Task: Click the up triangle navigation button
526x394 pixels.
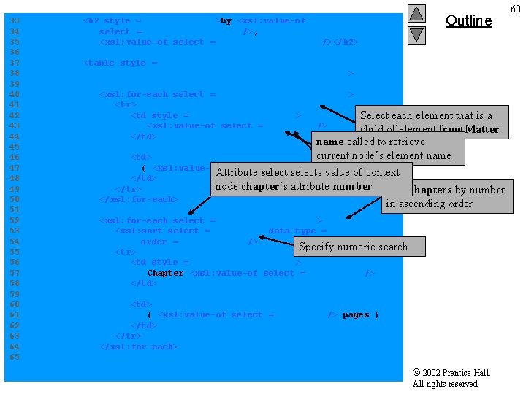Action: click(x=416, y=13)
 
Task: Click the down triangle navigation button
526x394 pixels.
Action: click(x=416, y=34)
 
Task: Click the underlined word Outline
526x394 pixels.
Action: click(x=468, y=20)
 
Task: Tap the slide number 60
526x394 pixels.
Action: click(x=515, y=8)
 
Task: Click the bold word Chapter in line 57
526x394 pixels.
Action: click(x=165, y=273)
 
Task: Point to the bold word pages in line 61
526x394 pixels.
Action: click(x=356, y=314)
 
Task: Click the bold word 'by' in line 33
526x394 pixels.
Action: click(x=226, y=21)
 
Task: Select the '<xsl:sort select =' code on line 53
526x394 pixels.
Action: click(x=162, y=231)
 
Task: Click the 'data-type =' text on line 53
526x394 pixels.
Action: click(x=297, y=231)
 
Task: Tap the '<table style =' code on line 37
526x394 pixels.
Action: click(x=121, y=63)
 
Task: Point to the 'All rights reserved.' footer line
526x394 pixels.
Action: click(x=446, y=384)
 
